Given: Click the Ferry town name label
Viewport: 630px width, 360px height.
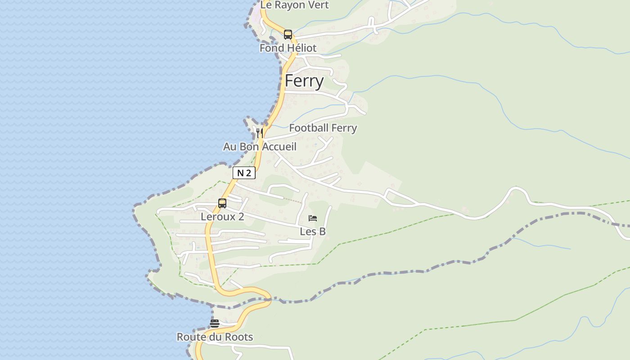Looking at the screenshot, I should coord(304,81).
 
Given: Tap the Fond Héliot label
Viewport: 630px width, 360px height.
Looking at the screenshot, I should coord(288,48).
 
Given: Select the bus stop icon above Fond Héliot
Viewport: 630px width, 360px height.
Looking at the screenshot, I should coord(288,35).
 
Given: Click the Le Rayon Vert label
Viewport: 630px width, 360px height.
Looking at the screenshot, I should coord(295,5).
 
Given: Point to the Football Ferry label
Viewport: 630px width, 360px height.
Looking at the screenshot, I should coord(323,128).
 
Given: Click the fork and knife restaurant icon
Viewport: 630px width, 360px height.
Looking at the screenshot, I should coord(259,133).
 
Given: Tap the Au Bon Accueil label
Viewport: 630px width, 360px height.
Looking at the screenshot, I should coord(260,147).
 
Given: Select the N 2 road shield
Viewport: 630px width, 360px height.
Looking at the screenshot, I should coord(244,173).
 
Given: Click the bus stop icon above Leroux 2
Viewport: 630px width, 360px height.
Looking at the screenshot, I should coord(222,203).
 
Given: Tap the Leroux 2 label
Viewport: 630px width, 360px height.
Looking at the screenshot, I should coord(222,216).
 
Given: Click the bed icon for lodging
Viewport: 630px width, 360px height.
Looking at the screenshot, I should coord(313,219).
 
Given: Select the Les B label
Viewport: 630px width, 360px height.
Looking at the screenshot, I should coord(313,232).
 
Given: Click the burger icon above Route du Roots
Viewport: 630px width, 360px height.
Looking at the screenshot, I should coord(215,324).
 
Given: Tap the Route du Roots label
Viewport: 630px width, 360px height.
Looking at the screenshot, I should coord(215,337).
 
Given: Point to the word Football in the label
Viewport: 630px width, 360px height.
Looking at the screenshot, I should coord(308,128).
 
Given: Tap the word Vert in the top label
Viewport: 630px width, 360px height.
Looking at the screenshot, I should coord(319,5).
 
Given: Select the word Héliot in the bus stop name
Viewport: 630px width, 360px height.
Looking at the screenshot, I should coord(301,48).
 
